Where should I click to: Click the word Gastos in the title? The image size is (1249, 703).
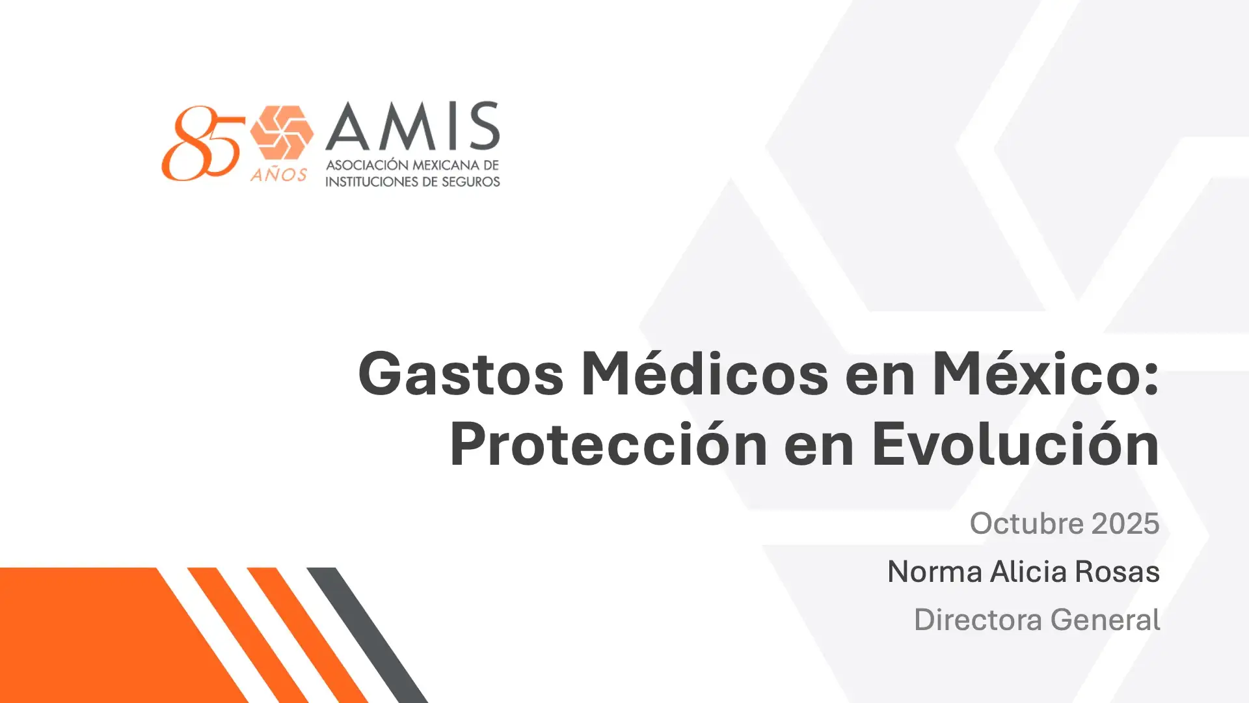tap(461, 374)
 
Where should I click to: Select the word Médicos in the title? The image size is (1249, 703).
tap(705, 373)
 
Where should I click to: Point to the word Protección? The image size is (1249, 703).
tap(608, 445)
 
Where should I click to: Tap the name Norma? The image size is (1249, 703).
tap(935, 572)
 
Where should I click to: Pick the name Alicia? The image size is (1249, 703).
tap(1028, 572)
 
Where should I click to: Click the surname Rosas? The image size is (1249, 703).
tap(1117, 572)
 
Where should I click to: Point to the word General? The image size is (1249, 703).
tap(1105, 620)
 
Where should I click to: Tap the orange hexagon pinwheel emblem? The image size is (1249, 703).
tap(282, 133)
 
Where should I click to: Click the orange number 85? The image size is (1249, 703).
tap(202, 143)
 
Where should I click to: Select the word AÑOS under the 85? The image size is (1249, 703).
tap(278, 174)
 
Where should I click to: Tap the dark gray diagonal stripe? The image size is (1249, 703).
tap(368, 635)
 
